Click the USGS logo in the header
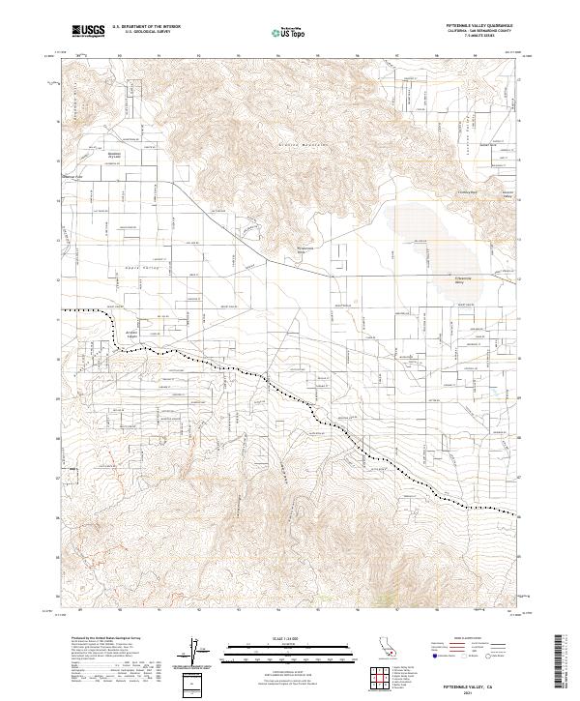tap(87, 31)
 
